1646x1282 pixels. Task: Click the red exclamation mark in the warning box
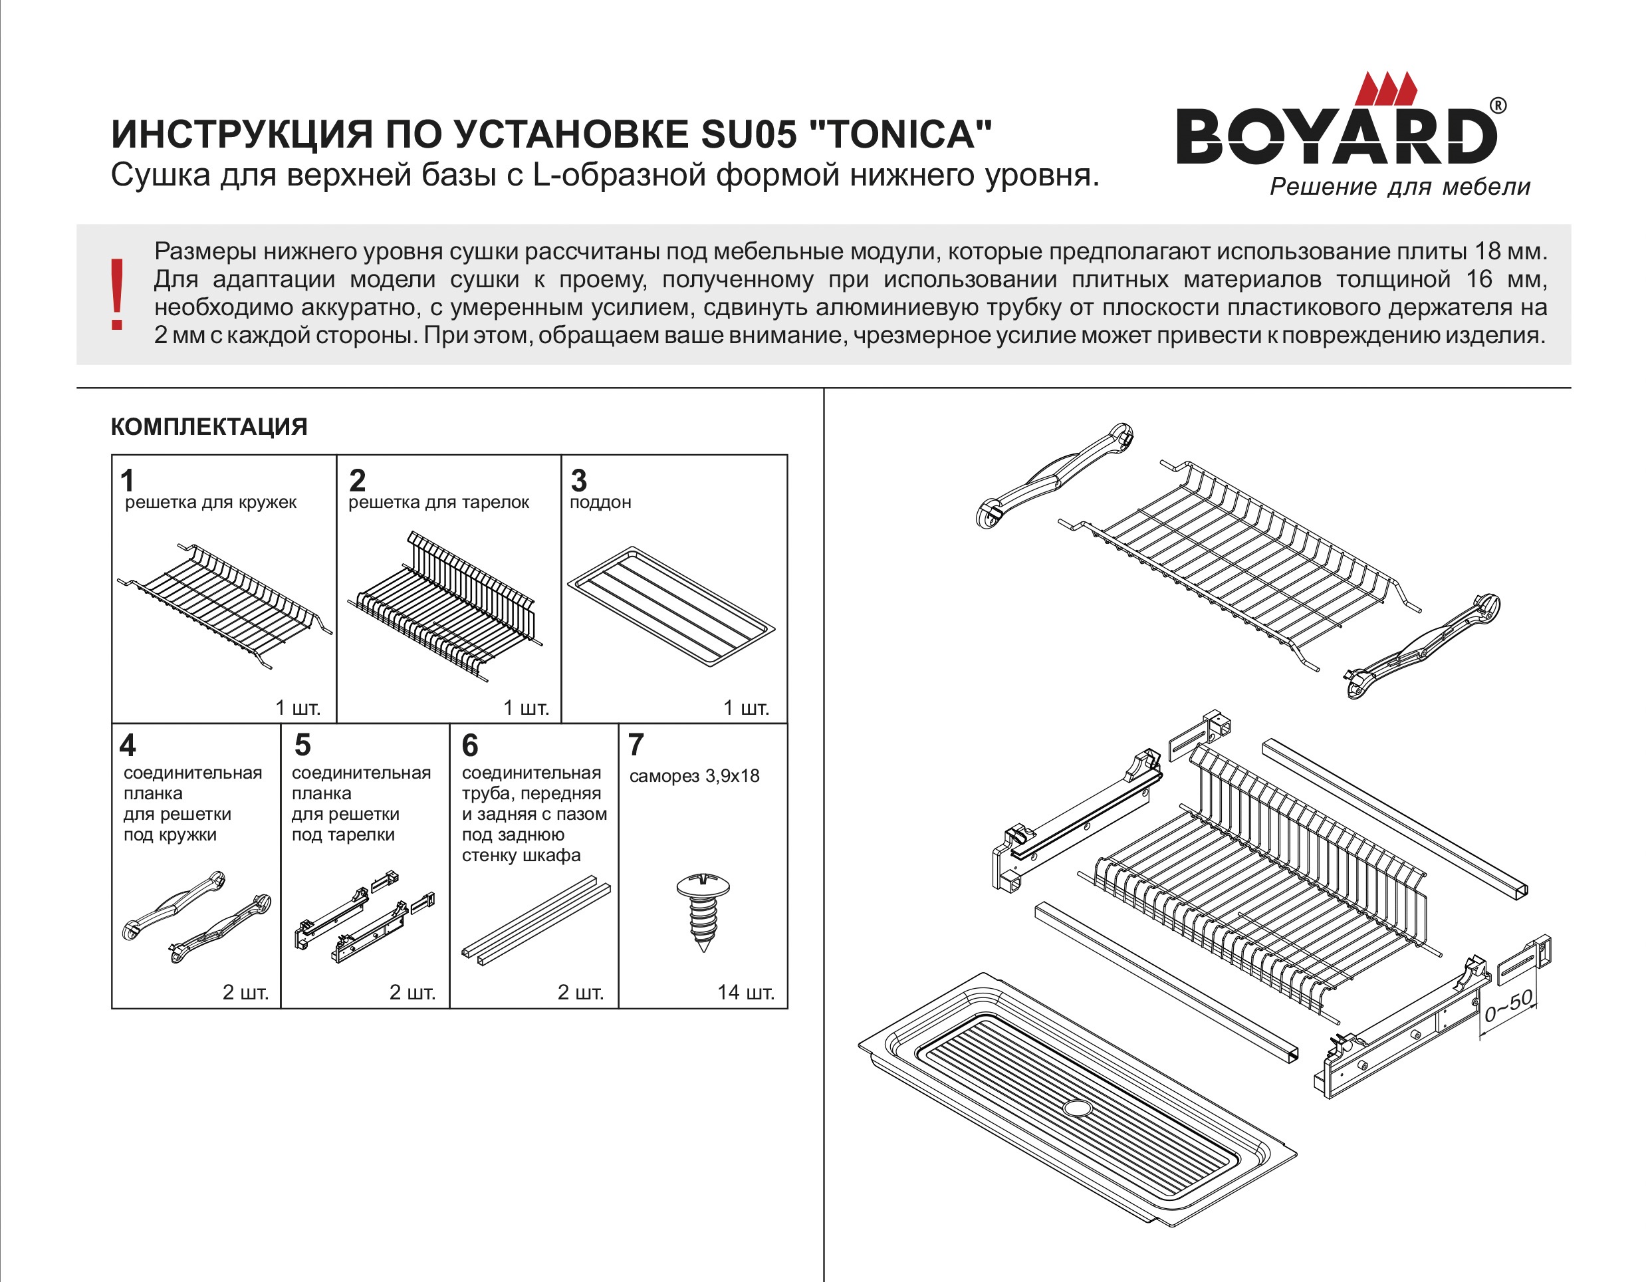pyautogui.click(x=117, y=294)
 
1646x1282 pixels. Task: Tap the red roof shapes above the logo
pyautogui.click(x=1385, y=88)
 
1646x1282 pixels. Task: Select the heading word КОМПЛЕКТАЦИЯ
pyautogui.click(x=209, y=428)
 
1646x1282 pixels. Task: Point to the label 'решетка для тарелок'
pyautogui.click(x=439, y=503)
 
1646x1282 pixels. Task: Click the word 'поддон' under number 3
pyautogui.click(x=600, y=503)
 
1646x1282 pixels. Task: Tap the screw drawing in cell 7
pyautogui.click(x=703, y=911)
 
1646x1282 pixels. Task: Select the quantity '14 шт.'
pyautogui.click(x=745, y=993)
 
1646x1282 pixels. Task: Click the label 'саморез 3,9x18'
pyautogui.click(x=694, y=776)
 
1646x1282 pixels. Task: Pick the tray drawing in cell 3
pyautogui.click(x=671, y=606)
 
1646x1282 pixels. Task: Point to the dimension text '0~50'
pyautogui.click(x=1508, y=1006)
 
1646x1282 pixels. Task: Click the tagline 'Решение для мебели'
pyautogui.click(x=1399, y=187)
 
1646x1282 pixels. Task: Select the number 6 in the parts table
pyautogui.click(x=469, y=745)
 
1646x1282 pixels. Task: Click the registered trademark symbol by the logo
pyautogui.click(x=1498, y=106)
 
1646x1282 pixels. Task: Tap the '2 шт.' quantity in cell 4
pyautogui.click(x=245, y=993)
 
